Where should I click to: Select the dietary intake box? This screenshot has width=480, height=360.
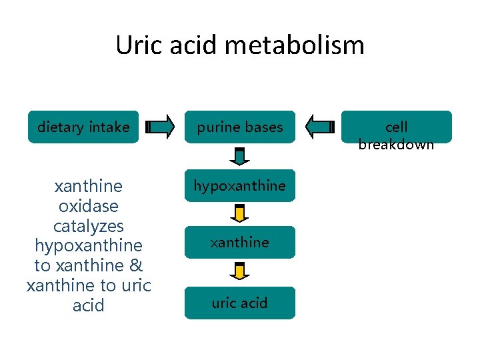(83, 127)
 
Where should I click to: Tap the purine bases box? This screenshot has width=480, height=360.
(239, 127)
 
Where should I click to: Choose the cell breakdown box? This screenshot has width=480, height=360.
(396, 127)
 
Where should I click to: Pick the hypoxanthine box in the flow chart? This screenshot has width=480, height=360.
(239, 186)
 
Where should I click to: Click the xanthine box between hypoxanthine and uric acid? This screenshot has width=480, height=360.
(239, 242)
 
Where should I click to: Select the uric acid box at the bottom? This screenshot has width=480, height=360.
(239, 303)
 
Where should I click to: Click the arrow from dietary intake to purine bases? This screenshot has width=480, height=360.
(160, 127)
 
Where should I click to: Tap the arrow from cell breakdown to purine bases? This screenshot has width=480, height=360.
(319, 127)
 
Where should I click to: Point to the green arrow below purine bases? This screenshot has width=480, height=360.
(240, 156)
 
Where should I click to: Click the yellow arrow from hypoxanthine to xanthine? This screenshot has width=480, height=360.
(240, 213)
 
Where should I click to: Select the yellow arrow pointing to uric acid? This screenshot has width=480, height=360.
(240, 271)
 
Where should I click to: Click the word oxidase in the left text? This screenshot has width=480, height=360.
(89, 205)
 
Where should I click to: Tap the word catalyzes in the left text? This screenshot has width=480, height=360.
(89, 225)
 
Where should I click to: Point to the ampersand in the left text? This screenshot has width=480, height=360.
(135, 265)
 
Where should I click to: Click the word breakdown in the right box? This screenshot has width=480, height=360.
(396, 144)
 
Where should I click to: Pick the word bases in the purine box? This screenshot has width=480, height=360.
(263, 127)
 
